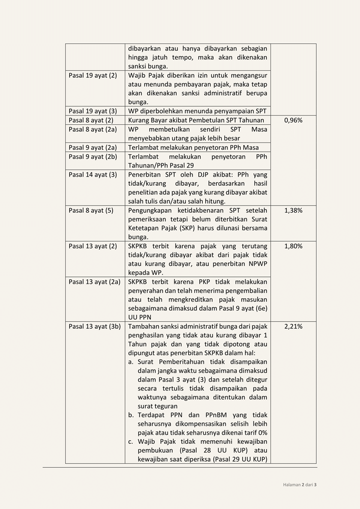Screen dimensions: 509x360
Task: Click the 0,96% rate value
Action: click(x=293, y=121)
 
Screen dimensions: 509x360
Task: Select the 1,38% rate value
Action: click(x=293, y=210)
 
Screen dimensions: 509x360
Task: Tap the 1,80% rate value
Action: click(x=293, y=246)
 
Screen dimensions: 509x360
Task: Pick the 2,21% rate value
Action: click(x=293, y=326)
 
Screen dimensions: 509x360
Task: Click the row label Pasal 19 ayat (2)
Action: click(x=93, y=75)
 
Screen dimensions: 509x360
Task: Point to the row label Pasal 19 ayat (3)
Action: click(x=93, y=111)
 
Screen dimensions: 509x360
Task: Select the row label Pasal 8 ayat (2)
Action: click(x=91, y=121)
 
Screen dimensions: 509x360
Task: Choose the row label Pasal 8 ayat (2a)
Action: click(x=93, y=130)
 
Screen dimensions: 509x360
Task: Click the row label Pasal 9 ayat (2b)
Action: click(x=93, y=157)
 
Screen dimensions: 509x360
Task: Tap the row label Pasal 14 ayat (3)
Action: click(x=93, y=175)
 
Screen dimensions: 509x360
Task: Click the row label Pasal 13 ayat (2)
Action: click(x=93, y=246)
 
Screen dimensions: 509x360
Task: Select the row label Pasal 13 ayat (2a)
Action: click(x=95, y=281)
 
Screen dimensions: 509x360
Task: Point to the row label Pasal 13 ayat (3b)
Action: click(x=95, y=326)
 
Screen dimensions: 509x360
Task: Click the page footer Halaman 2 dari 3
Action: click(x=300, y=485)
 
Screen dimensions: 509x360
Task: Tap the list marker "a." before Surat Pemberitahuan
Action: click(x=131, y=362)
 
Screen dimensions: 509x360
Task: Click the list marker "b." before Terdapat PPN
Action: click(x=131, y=415)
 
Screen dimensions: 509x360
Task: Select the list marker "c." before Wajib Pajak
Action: click(x=131, y=442)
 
